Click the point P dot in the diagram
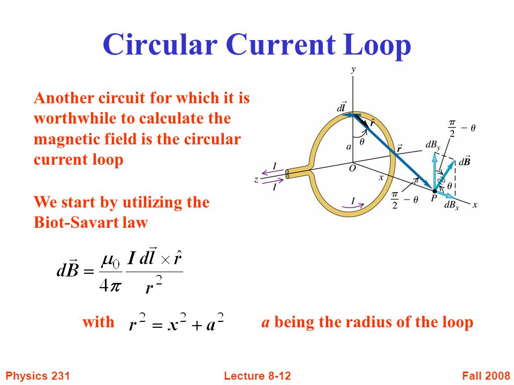pos(434,190)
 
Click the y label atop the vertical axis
pos(353,70)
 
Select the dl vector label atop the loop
pos(341,108)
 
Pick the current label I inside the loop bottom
pos(352,201)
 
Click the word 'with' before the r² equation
pos(98,322)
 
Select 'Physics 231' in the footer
pos(37,376)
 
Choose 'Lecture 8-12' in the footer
pos(257,376)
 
